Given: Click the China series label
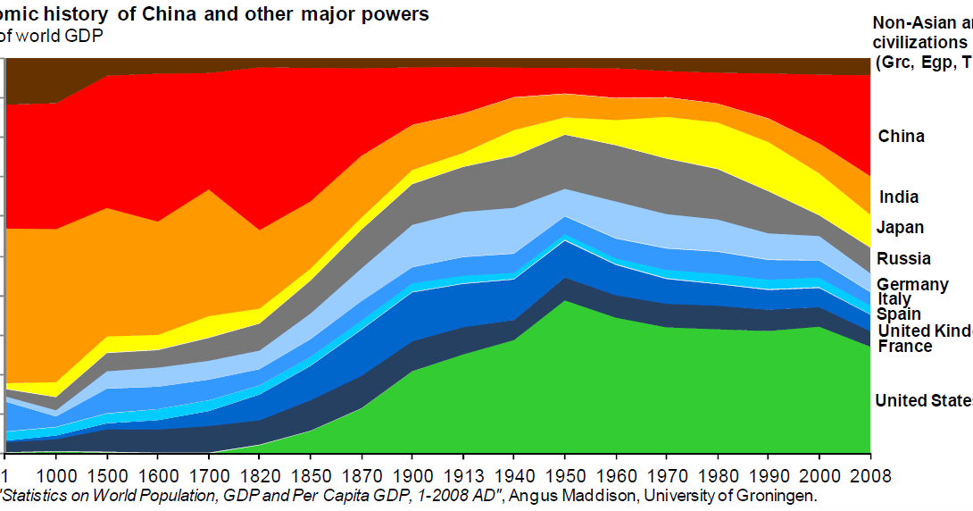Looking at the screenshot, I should tap(901, 137).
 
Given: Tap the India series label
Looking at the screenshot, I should tap(898, 197).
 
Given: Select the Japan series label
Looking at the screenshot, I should tap(900, 228).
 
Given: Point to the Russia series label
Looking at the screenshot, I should tap(903, 259).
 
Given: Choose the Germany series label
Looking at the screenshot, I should tap(911, 285).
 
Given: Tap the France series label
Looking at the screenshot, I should tap(904, 347).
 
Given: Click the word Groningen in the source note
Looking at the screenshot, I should tap(774, 494).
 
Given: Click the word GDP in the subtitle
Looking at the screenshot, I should tap(86, 36).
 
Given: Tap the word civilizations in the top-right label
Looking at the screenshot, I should tap(919, 42).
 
